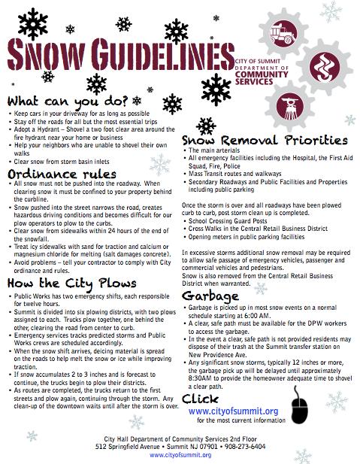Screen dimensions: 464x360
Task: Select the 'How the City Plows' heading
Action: pyautogui.click(x=71, y=283)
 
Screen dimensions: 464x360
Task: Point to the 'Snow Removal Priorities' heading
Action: pyautogui.click(x=264, y=140)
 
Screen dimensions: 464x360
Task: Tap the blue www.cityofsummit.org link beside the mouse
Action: pyautogui.click(x=233, y=411)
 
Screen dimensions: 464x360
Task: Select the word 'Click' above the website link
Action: pyautogui.click(x=201, y=399)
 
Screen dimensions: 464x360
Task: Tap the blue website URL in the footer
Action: pyautogui.click(x=180, y=455)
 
